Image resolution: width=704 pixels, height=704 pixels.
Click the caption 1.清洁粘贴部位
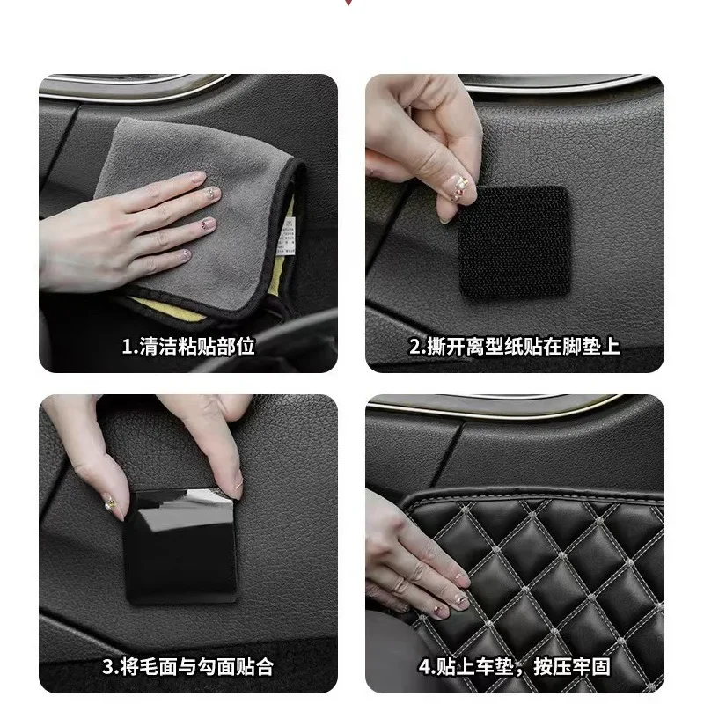[x=187, y=346]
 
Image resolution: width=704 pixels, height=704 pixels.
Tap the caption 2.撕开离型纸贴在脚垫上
[x=515, y=346]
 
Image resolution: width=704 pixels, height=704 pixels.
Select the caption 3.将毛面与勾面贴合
[x=187, y=666]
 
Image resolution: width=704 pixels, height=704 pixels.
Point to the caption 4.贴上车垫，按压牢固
[x=515, y=666]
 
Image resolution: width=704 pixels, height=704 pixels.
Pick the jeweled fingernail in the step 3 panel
[x=112, y=504]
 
